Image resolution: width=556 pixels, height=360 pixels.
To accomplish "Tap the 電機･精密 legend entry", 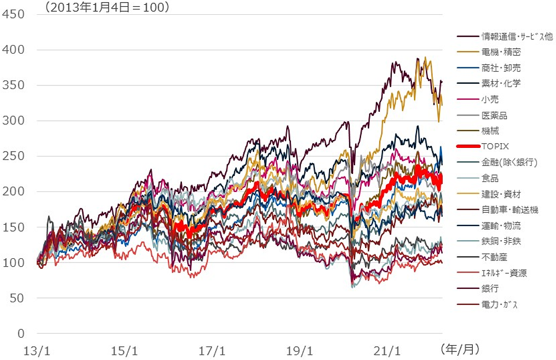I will click(501, 52).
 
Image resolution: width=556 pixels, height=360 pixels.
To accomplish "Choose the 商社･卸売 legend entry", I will click(501, 68).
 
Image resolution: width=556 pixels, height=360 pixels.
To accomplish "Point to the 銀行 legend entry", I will click(490, 289).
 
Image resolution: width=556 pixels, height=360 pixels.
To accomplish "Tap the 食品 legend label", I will click(490, 179).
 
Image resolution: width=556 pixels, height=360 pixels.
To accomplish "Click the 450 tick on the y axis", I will click(13, 14).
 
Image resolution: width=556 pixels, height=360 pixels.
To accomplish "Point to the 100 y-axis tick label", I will click(13, 263).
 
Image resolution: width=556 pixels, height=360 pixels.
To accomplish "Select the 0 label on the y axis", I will click(21, 334).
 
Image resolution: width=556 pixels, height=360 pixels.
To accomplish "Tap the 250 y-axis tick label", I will click(13, 156).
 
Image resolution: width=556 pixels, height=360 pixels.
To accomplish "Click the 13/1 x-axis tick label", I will click(38, 350).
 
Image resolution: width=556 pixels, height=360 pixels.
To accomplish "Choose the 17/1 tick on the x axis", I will click(212, 350).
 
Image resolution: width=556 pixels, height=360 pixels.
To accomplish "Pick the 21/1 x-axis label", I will click(386, 350).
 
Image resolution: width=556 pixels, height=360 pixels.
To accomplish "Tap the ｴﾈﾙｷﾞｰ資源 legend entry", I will click(504, 273).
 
